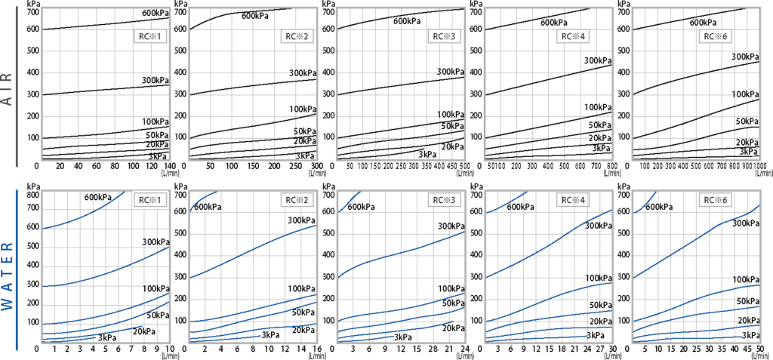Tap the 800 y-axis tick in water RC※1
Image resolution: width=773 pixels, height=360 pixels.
[32, 195]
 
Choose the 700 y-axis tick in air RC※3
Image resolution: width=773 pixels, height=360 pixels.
[329, 11]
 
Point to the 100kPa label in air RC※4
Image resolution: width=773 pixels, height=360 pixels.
[597, 107]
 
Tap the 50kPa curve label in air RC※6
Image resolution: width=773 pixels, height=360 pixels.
[746, 122]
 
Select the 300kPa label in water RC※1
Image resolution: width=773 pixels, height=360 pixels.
[156, 242]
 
